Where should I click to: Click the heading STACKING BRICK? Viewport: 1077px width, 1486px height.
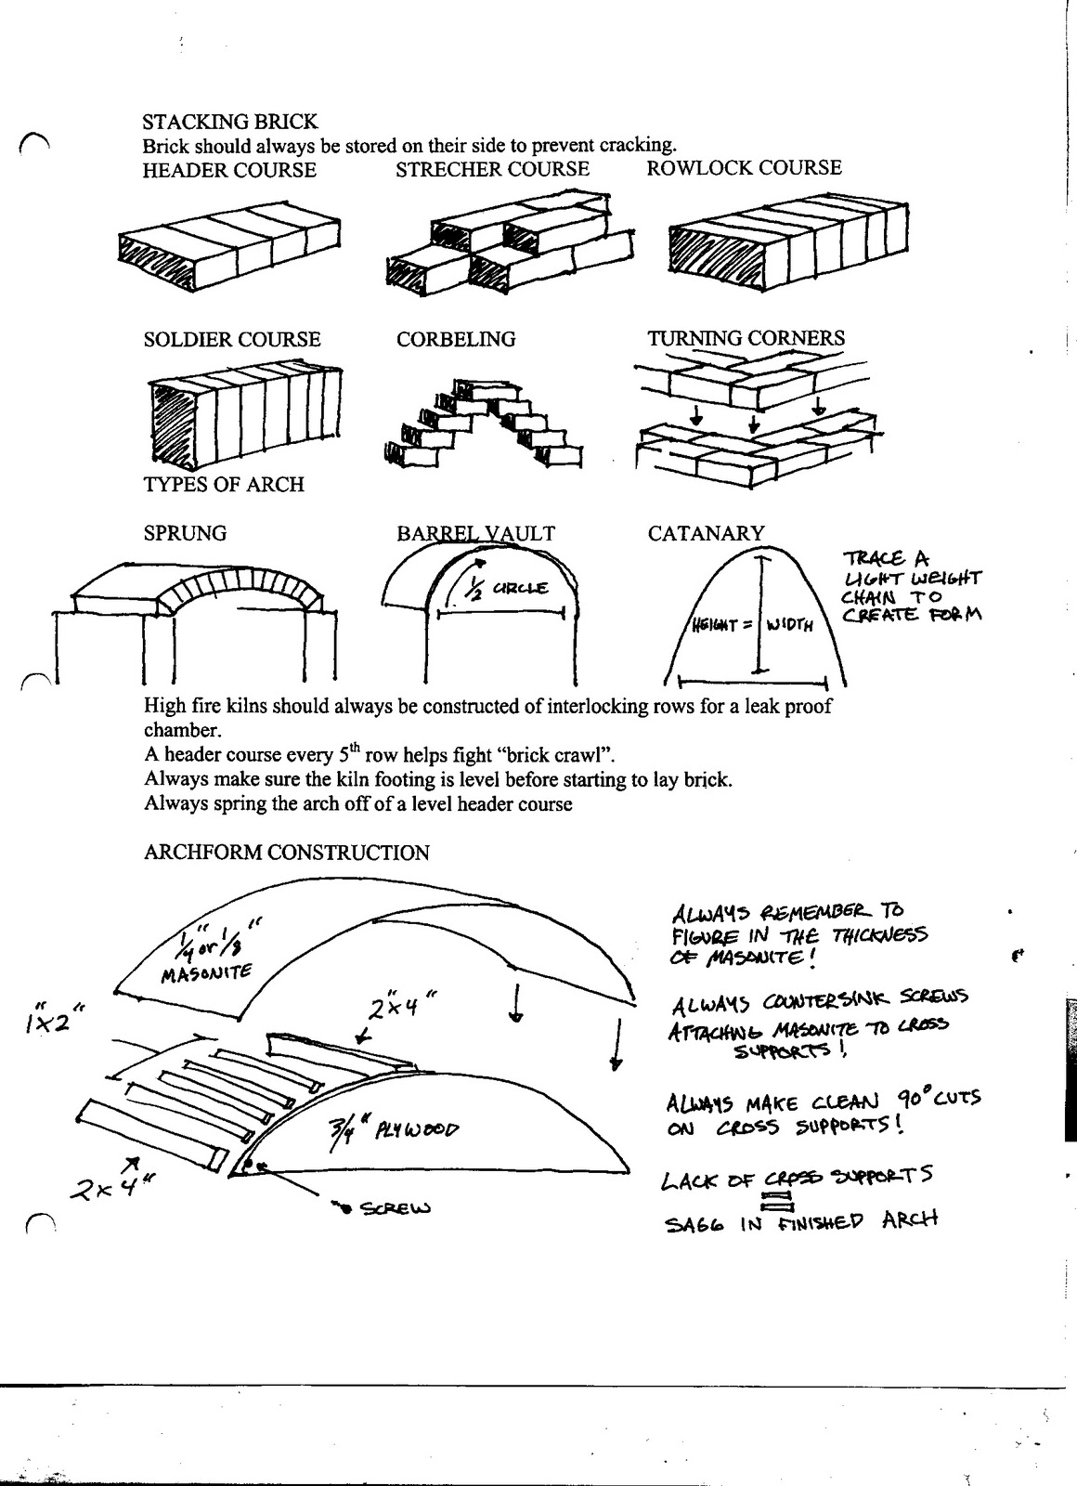point(229,122)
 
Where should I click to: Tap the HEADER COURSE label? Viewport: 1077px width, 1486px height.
point(228,170)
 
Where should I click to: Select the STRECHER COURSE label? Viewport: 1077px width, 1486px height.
point(492,169)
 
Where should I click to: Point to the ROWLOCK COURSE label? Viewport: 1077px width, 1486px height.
point(744,168)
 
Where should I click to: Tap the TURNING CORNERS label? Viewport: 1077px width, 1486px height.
point(746,338)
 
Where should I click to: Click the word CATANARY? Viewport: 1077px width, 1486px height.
point(706,533)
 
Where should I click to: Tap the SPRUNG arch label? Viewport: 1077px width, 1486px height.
point(185,533)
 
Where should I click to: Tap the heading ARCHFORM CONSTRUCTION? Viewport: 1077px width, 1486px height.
point(286,853)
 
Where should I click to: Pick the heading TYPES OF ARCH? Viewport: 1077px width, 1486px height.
point(224,484)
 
